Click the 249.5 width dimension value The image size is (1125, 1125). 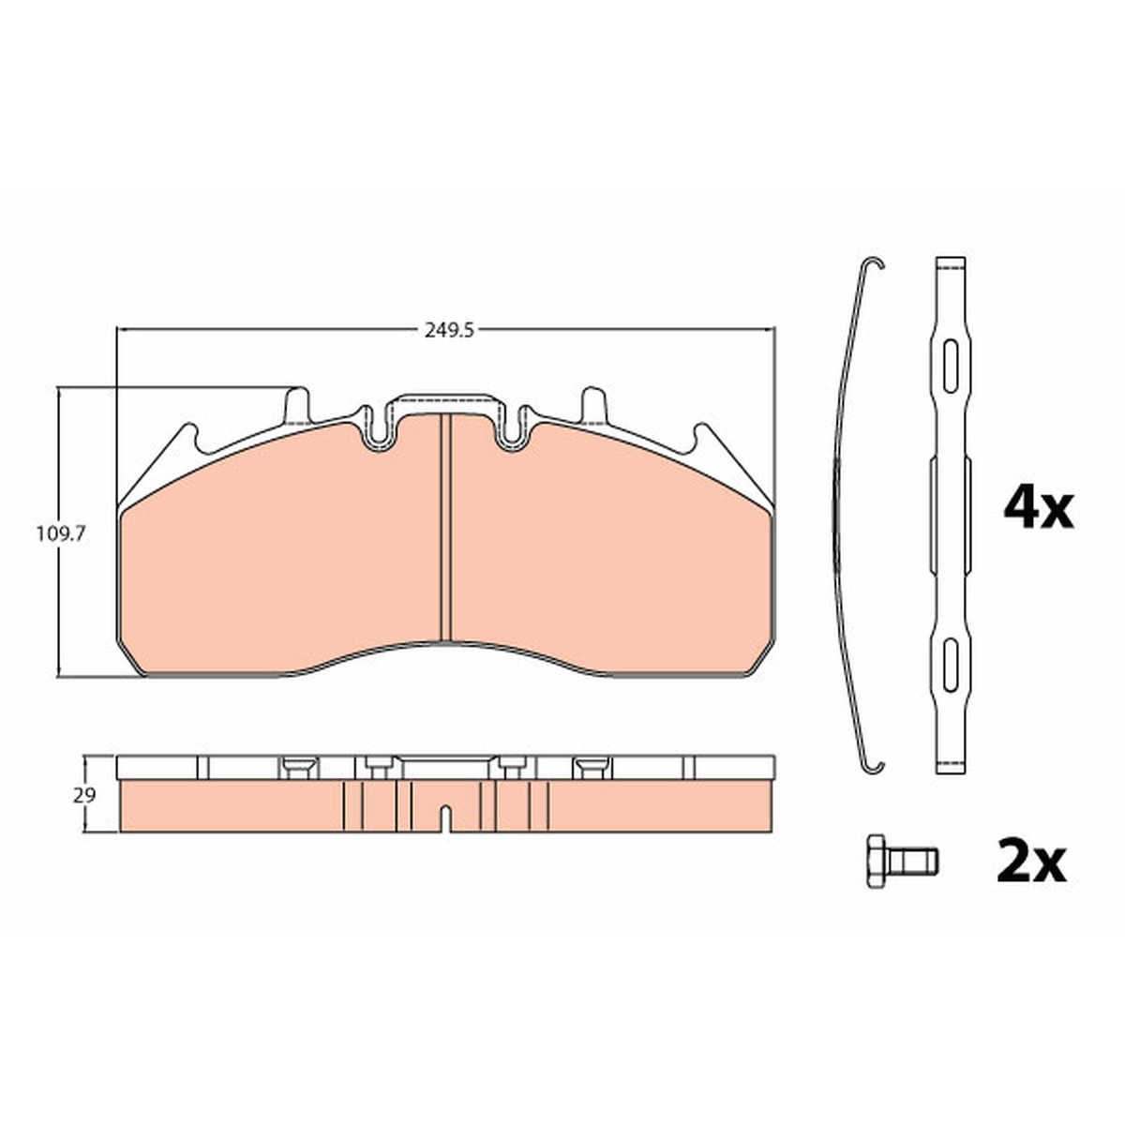click(449, 331)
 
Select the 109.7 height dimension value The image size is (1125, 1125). click(61, 533)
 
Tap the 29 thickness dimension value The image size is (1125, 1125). click(84, 796)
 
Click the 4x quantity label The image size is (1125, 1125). click(1039, 510)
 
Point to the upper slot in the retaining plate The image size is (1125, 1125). click(951, 366)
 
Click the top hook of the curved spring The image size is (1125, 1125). click(874, 262)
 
